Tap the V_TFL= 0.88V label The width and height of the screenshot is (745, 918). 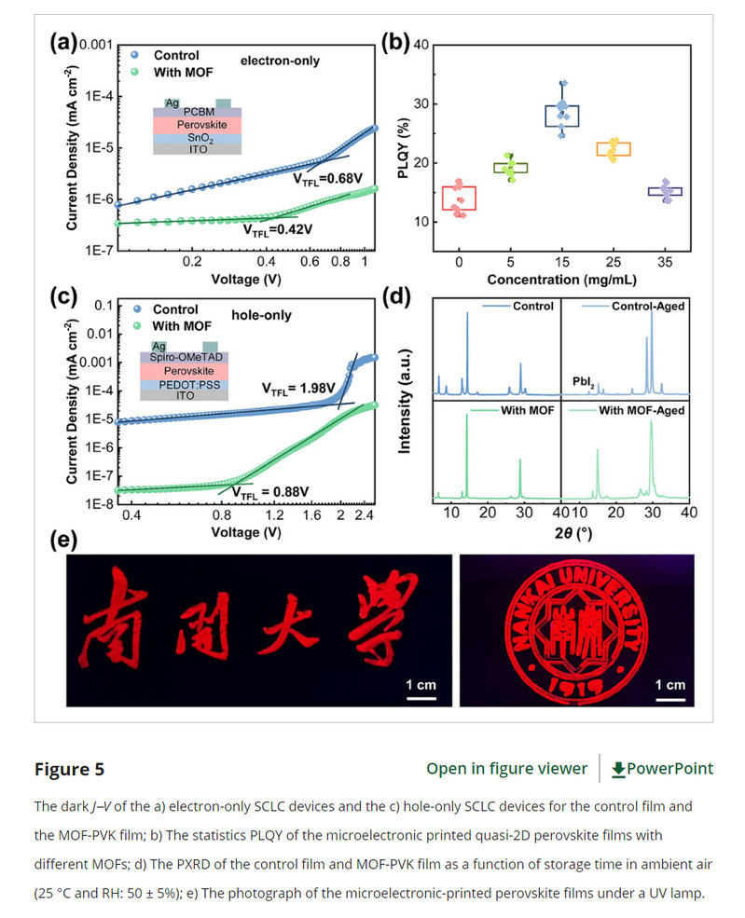[270, 491]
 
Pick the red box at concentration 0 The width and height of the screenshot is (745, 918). [460, 198]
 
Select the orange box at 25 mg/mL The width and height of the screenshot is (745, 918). [613, 149]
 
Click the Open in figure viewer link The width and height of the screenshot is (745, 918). [506, 768]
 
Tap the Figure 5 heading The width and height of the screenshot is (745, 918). [69, 769]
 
